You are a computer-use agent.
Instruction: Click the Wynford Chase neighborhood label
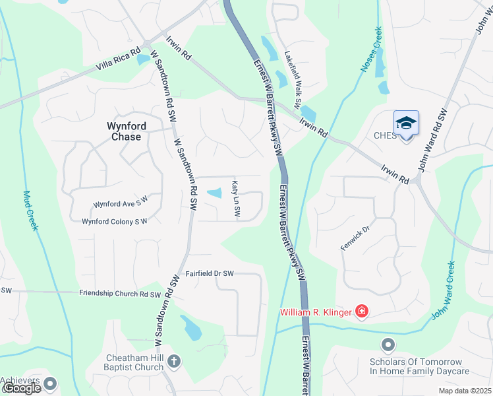124,131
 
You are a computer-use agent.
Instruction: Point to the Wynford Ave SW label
121,204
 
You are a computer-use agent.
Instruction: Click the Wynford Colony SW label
114,222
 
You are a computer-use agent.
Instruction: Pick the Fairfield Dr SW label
210,273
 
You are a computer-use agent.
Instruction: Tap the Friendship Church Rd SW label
120,294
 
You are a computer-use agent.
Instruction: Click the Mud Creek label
31,211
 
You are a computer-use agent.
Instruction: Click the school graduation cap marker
406,123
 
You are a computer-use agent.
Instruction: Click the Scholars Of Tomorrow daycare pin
388,345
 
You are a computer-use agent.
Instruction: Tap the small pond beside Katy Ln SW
215,193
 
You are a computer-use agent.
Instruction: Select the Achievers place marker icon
50,382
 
